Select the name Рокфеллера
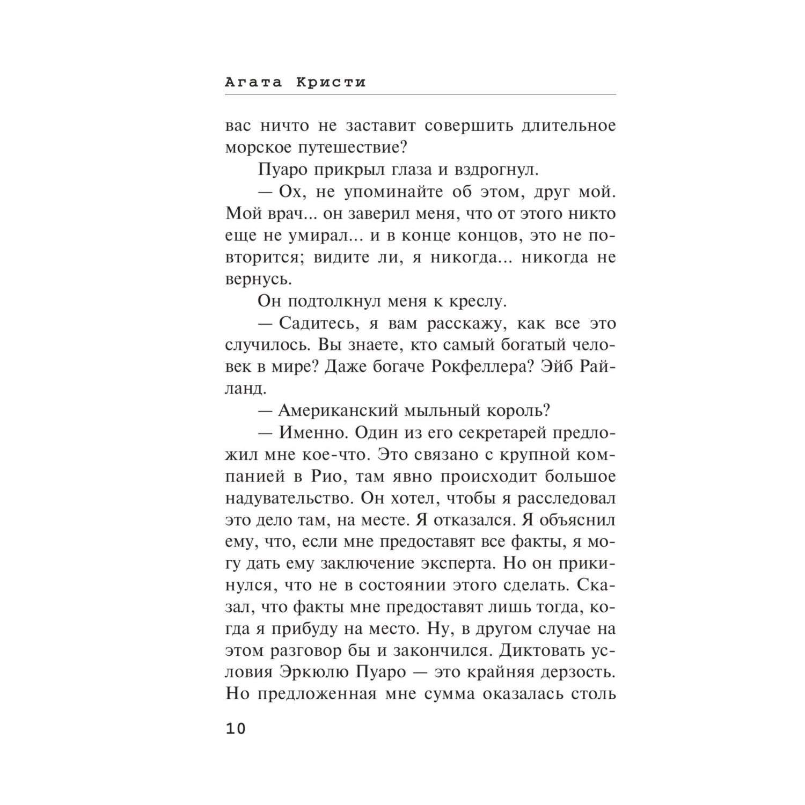tap(472, 367)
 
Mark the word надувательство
tap(287, 499)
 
